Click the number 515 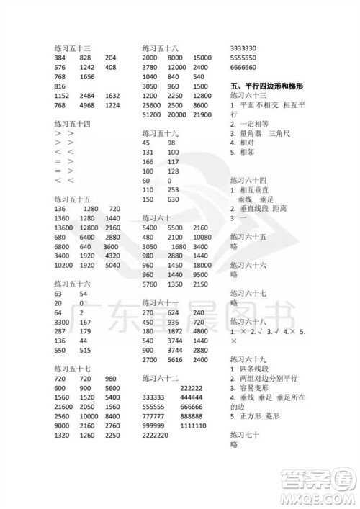pyautogui.click(x=86, y=349)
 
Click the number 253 pyautogui.click(x=172, y=189)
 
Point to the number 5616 pyautogui.click(x=175, y=359)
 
